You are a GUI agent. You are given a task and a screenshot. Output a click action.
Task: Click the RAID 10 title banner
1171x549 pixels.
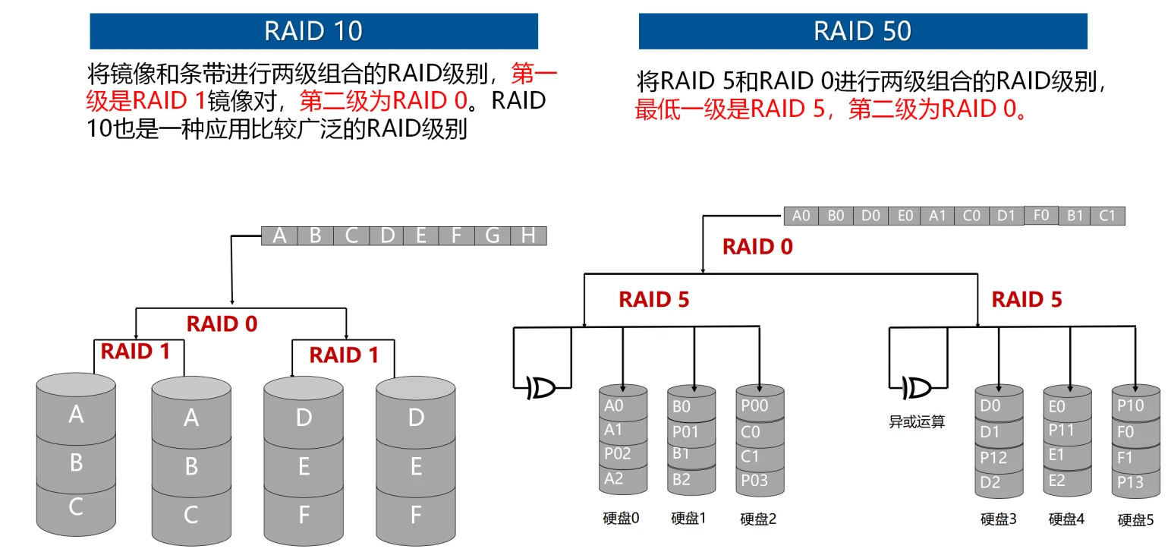pos(313,31)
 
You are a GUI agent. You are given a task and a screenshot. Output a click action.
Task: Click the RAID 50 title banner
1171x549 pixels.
pos(862,31)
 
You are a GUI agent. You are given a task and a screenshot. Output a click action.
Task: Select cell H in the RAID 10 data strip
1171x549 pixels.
pos(528,235)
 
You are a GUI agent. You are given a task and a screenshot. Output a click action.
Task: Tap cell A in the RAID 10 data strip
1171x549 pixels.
pos(279,235)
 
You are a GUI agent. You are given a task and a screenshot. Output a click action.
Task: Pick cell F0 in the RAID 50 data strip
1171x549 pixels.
pos(1040,215)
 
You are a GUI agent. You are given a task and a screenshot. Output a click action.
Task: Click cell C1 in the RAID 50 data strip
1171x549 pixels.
pos(1107,216)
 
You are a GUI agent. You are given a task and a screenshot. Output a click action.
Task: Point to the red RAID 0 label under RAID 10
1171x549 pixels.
pos(222,323)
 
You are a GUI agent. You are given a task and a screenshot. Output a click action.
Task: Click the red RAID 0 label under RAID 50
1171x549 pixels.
pos(757,247)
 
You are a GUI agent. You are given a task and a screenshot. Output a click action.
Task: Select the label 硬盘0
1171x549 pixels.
pos(621,518)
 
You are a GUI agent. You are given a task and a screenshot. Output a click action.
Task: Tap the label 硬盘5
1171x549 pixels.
pos(1135,520)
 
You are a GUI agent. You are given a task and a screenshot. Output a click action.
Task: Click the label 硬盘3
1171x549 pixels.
pos(998,519)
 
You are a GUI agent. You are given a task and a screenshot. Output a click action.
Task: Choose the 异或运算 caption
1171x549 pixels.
pos(917,422)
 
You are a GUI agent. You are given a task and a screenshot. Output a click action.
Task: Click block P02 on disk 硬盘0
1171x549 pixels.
pos(617,454)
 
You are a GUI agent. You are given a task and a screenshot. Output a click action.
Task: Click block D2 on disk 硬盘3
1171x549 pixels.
pos(990,482)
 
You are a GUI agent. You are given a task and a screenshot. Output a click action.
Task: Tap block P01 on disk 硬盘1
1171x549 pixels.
pos(685,431)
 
